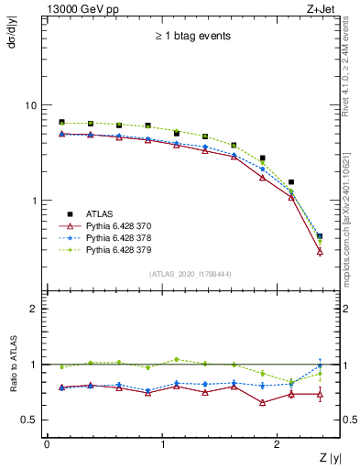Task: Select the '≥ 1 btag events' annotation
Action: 193,36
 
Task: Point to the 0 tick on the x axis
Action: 47,444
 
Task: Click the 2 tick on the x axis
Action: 278,444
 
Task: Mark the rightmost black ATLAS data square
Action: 320,236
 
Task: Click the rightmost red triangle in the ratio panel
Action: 320,395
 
